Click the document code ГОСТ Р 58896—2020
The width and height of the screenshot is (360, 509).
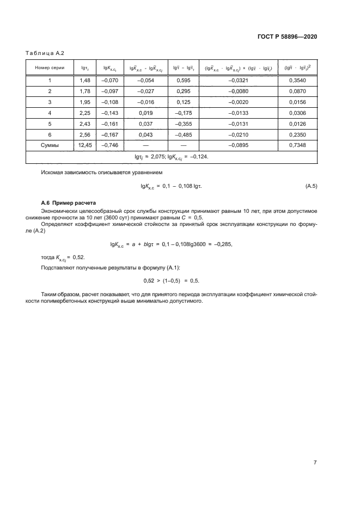coord(288,36)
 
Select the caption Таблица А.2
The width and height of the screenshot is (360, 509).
coord(46,53)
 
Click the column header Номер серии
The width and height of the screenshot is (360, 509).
coord(50,68)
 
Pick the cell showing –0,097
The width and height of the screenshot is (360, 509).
coord(109,91)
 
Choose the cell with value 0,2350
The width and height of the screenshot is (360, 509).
coord(297,134)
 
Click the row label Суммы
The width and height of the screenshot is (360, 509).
coord(50,145)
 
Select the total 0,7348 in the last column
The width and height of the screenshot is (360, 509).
coord(297,145)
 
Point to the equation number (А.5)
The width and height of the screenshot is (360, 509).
coord(311,186)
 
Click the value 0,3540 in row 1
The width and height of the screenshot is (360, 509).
coord(297,81)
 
